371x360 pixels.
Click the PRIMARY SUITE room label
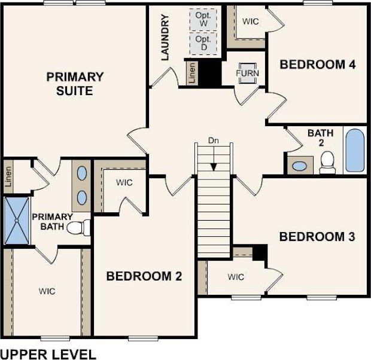(x=75, y=84)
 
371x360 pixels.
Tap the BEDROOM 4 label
(x=318, y=65)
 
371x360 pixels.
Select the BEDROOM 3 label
(x=317, y=237)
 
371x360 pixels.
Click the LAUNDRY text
(x=166, y=38)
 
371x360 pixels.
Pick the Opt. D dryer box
(x=203, y=42)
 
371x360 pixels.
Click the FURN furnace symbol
(x=246, y=73)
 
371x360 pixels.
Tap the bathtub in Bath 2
(x=354, y=150)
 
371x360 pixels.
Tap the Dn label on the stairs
(x=214, y=141)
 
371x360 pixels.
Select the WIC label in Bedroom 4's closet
(x=250, y=22)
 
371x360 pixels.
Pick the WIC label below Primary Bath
(x=47, y=291)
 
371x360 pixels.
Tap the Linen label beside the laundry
(x=191, y=73)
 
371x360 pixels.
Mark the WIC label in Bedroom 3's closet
(x=236, y=277)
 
